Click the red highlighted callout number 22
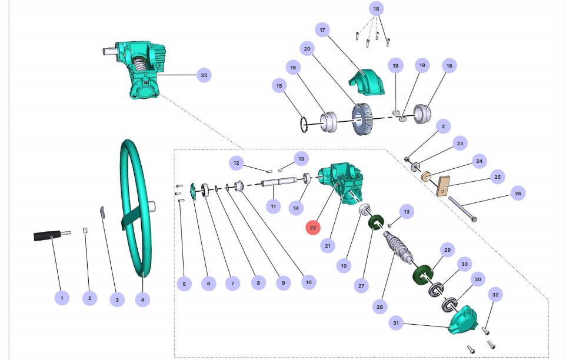312,228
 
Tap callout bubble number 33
204,75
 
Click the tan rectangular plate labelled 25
442,186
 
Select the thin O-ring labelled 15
304,124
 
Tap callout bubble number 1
61,298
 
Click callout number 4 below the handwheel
142,299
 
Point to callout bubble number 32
495,295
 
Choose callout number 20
307,48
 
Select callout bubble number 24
479,161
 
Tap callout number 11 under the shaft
272,206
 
